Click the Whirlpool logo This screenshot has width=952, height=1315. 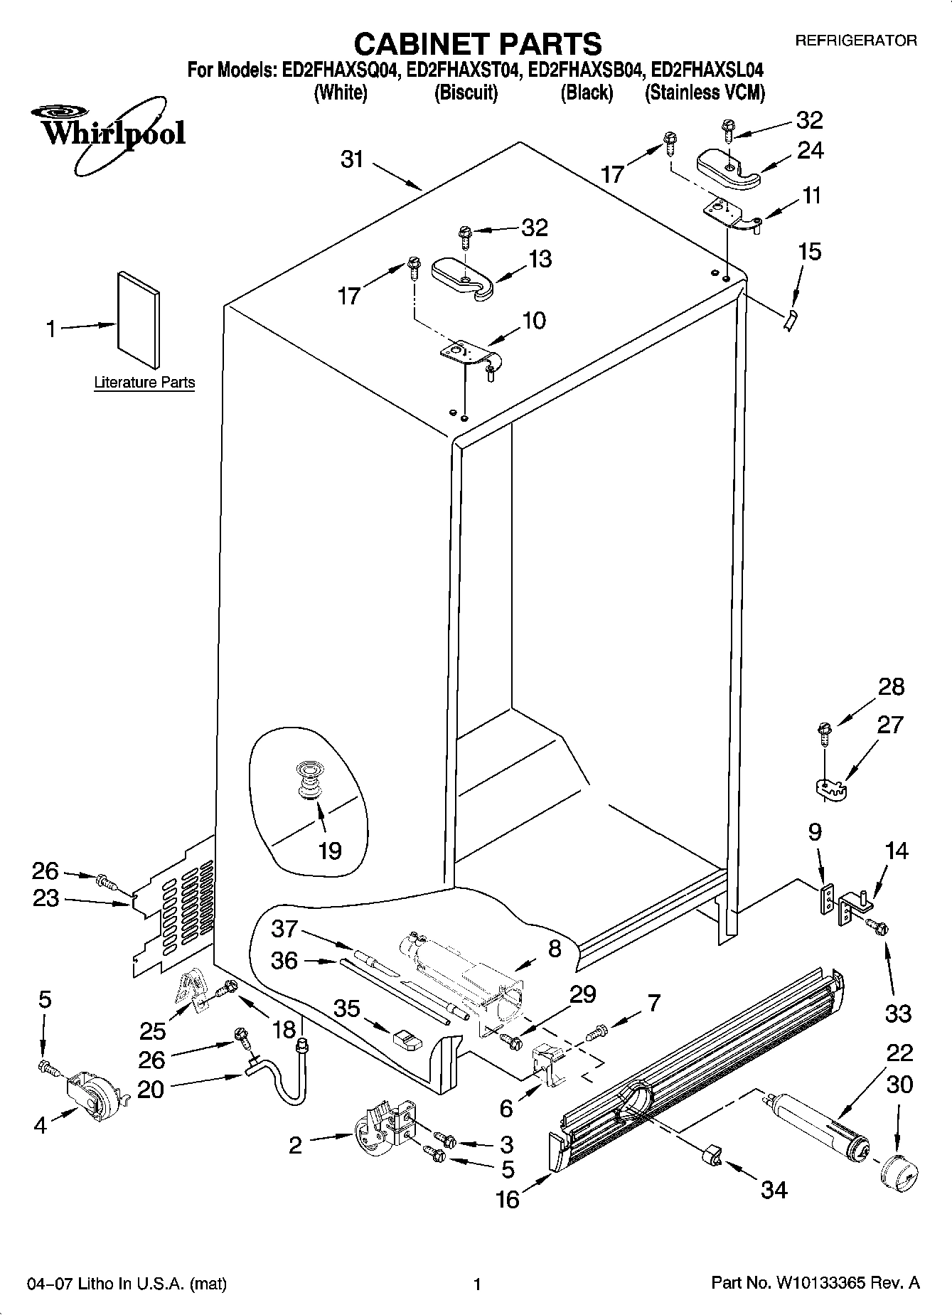[107, 133]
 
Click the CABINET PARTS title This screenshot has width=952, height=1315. [477, 44]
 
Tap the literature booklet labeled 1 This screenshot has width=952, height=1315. [138, 319]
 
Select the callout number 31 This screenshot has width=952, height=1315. [351, 159]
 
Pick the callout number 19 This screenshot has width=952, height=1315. [330, 850]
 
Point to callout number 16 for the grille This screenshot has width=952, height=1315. [508, 1199]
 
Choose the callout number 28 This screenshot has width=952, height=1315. [891, 686]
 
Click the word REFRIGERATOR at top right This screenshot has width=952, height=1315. [855, 41]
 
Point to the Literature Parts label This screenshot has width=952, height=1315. [144, 383]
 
